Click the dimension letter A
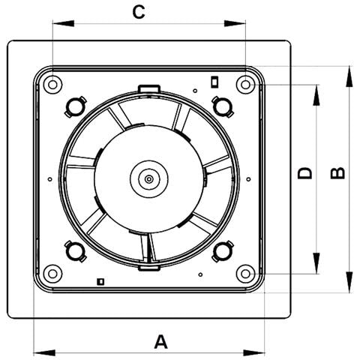point(160,342)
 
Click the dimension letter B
point(337,173)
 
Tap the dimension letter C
point(139,12)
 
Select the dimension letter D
point(305,173)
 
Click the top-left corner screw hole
point(52,85)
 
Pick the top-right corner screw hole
point(245,85)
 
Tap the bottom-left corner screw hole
point(52,274)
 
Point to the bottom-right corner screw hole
point(245,274)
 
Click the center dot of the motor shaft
point(149,179)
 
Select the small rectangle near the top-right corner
point(214,82)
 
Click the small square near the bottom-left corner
point(100,281)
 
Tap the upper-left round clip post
point(75,106)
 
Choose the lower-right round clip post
point(223,251)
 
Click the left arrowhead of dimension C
point(64,23)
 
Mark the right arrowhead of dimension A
point(253,352)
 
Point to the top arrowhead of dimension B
point(349,76)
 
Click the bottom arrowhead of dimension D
point(316,263)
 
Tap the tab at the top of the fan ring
point(149,88)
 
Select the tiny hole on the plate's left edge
point(49,179)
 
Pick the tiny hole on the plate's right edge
point(248,179)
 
